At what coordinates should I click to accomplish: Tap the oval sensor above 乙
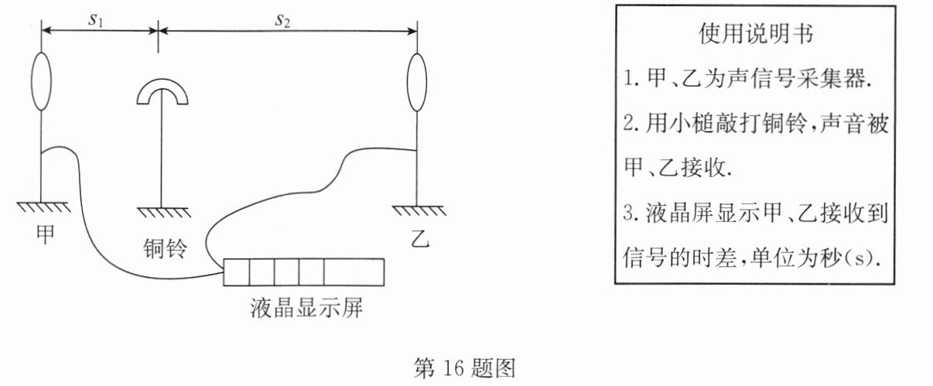tap(418, 83)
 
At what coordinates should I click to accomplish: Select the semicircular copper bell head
tap(162, 93)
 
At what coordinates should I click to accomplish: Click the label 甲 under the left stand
tap(46, 234)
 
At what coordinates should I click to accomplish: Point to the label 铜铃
tap(165, 249)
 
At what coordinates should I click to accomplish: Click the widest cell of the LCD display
tap(354, 273)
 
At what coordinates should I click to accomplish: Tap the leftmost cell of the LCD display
tap(236, 273)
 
